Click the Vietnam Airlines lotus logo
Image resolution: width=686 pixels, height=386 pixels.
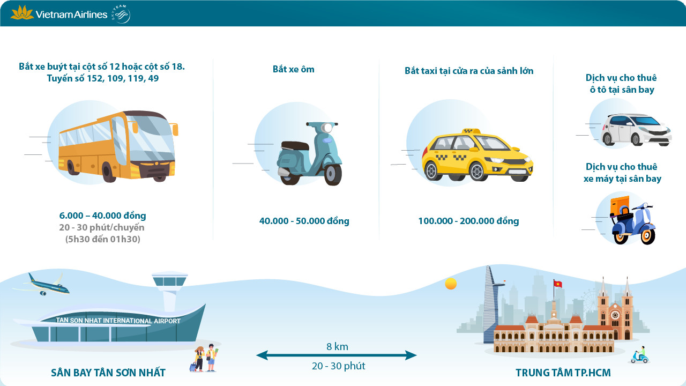22,12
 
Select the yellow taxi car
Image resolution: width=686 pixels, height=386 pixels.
476,155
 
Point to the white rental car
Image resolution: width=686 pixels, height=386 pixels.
636,129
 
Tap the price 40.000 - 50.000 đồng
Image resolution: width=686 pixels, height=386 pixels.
304,221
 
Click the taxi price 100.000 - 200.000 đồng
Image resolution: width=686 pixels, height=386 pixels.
468,221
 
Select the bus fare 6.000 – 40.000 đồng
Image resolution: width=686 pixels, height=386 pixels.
102,216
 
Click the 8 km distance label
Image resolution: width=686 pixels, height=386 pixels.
337,347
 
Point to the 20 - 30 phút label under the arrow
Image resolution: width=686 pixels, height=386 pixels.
338,366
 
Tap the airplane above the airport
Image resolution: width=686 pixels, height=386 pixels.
43,285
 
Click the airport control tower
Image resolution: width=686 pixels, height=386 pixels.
169,289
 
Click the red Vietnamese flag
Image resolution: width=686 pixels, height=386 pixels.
557,283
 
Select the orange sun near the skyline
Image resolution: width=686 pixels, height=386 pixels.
451,284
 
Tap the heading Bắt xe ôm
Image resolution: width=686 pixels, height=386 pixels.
293,69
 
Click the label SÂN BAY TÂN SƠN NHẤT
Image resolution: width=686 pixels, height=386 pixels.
108,373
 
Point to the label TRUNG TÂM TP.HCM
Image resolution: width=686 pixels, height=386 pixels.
563,373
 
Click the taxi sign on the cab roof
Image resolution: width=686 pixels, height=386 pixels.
471,131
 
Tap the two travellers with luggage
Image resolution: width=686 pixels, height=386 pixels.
205,358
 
